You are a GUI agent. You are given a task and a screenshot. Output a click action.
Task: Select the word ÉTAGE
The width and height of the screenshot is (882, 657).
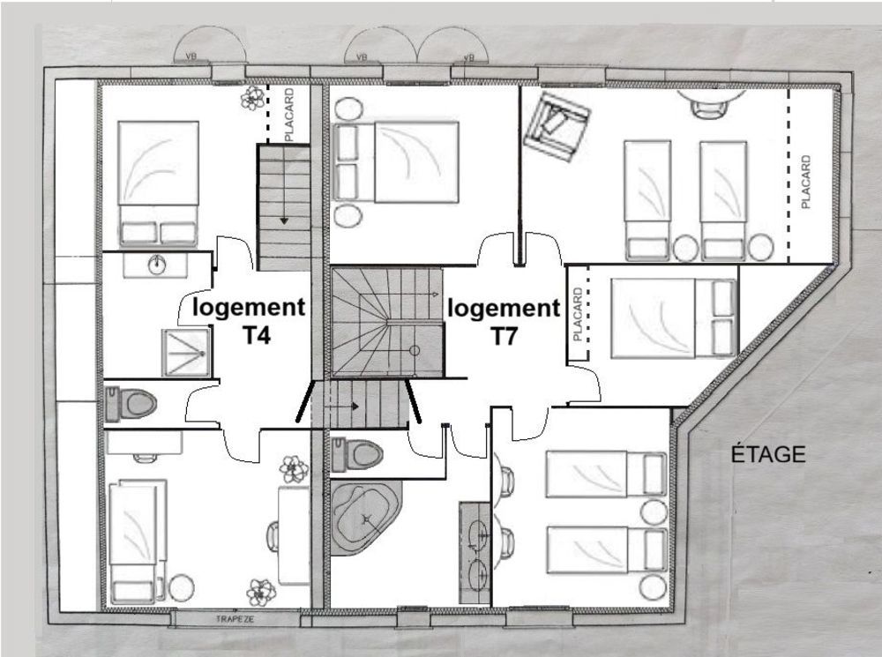(768, 454)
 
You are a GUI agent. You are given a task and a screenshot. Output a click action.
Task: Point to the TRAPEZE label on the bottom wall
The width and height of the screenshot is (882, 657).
(235, 620)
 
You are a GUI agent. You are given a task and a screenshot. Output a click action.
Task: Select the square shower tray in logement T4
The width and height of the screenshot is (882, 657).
(185, 353)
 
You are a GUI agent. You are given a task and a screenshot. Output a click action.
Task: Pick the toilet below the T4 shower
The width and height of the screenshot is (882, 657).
(131, 405)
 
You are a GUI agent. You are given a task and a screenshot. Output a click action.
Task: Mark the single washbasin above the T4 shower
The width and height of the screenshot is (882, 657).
(157, 264)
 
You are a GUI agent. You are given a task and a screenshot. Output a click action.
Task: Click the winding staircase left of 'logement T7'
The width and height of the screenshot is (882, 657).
(385, 323)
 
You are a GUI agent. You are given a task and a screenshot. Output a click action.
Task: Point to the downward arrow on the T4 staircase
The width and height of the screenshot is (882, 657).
(284, 220)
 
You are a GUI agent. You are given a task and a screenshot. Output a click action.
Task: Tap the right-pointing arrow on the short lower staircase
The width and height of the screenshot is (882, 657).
(355, 407)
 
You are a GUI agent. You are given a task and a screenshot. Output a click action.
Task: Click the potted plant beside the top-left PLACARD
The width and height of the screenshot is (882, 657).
(254, 97)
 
